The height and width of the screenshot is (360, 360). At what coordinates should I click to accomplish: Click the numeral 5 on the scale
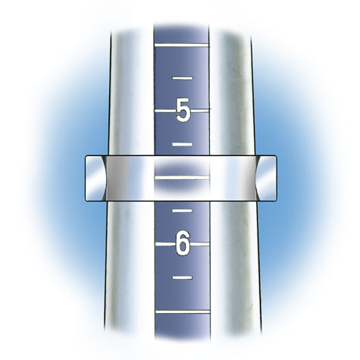[x=182, y=111]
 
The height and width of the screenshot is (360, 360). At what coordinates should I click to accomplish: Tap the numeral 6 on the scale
[x=182, y=244]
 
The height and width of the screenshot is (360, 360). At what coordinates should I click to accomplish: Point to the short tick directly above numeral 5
[x=183, y=78]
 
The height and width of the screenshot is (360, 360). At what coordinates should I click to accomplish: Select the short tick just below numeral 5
[x=183, y=144]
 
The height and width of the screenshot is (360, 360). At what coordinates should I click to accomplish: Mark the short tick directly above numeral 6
[x=183, y=210]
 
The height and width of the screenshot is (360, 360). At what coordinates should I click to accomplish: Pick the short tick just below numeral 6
[x=183, y=277]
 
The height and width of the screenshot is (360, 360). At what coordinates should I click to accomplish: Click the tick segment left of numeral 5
[x=164, y=111]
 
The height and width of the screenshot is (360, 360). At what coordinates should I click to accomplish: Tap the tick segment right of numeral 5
[x=200, y=111]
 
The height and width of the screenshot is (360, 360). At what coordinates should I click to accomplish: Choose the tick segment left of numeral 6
[x=164, y=244]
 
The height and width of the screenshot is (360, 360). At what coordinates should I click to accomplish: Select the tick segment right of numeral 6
[x=200, y=244]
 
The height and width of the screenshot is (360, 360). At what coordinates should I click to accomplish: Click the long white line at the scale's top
[x=182, y=45]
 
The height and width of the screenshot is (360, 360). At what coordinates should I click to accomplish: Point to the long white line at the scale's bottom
[x=182, y=311]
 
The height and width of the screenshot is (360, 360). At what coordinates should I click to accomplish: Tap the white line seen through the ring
[x=182, y=177]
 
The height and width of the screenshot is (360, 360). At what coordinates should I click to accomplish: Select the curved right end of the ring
[x=269, y=179]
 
